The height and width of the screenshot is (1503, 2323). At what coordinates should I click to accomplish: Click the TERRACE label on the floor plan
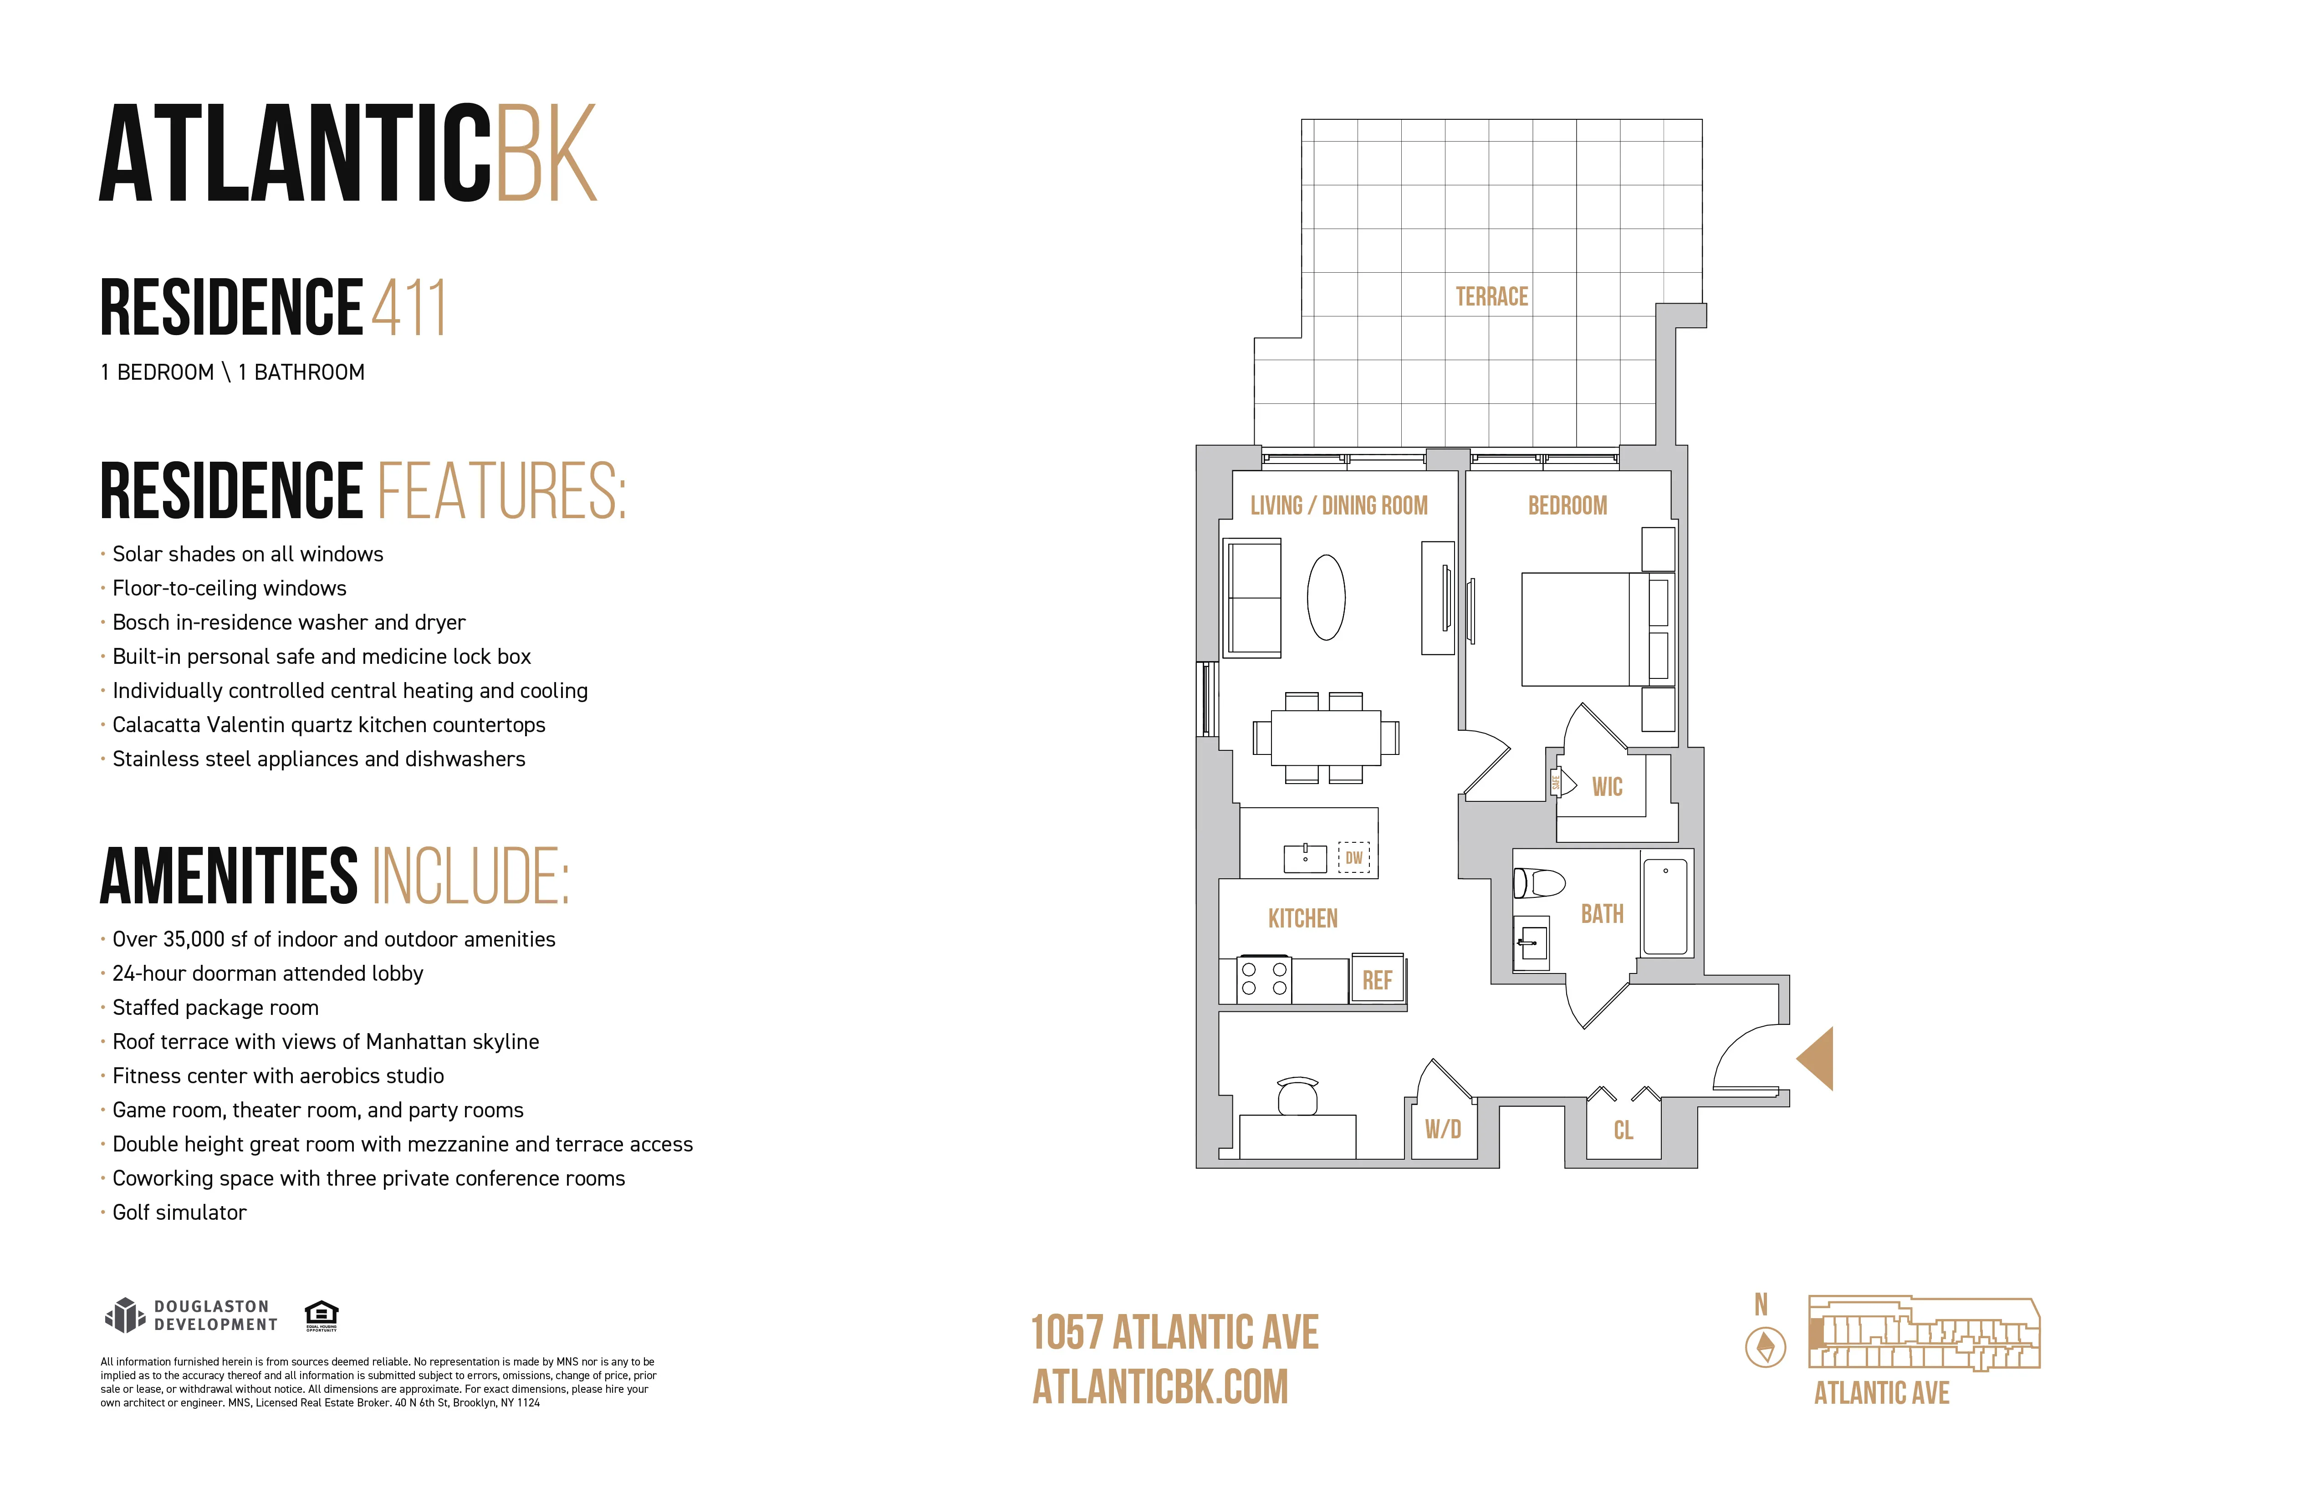(1491, 297)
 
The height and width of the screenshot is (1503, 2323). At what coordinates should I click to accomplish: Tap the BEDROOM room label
(1567, 505)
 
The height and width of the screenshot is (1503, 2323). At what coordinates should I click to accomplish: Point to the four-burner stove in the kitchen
(1264, 980)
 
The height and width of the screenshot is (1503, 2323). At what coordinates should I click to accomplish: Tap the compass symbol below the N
(1765, 1348)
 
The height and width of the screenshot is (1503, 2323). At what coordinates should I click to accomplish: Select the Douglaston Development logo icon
(124, 1315)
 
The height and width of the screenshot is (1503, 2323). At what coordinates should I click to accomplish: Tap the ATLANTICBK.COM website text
(1160, 1387)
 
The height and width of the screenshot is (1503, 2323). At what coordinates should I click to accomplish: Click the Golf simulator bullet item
(179, 1212)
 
